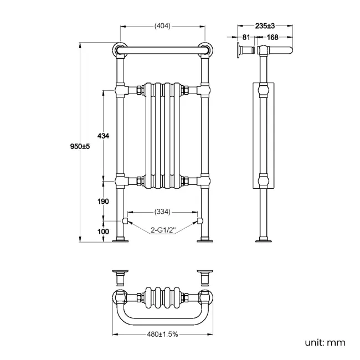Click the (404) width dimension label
pos(162,26)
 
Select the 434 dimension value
pos(103,136)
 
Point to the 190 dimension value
pos(103,201)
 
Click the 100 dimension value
pos(103,232)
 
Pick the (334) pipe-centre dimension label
pos(162,212)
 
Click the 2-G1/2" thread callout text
pos(162,230)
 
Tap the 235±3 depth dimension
pos(265,26)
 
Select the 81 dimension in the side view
pos(246,38)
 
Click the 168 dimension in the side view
pos(272,38)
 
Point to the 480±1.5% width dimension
pos(162,335)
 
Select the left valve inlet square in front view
pos(126,221)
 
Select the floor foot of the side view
pos(263,240)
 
